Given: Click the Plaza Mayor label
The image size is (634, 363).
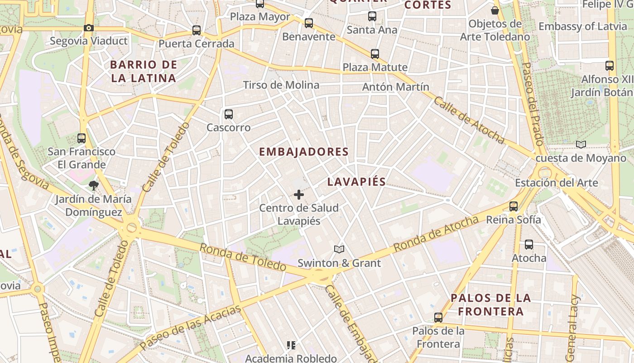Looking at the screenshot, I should pyautogui.click(x=260, y=17).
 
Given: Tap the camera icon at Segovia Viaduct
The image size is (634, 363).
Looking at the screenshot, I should pyautogui.click(x=89, y=28).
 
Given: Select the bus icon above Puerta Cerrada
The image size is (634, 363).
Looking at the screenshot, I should pyautogui.click(x=197, y=30).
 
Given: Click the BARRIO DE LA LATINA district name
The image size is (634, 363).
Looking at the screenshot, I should pyautogui.click(x=144, y=71).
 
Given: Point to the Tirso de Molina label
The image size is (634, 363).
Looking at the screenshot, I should pyautogui.click(x=281, y=85).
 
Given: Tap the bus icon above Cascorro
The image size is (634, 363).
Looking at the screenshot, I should pyautogui.click(x=229, y=114).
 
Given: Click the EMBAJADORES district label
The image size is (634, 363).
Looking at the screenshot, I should pyautogui.click(x=304, y=152).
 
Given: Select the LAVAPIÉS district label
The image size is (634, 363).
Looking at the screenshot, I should pyautogui.click(x=356, y=182).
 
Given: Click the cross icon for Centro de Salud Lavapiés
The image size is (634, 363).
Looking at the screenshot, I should pyautogui.click(x=299, y=195).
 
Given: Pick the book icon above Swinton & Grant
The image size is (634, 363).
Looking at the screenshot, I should pyautogui.click(x=339, y=249).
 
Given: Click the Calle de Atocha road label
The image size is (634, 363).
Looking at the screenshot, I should pyautogui.click(x=468, y=119).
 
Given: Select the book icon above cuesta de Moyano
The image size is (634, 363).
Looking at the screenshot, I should pyautogui.click(x=581, y=144).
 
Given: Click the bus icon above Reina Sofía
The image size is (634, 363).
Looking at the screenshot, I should pyautogui.click(x=514, y=206).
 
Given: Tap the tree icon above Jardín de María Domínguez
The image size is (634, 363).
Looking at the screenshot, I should pyautogui.click(x=94, y=185).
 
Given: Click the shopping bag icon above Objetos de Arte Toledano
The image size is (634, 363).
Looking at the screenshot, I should pyautogui.click(x=495, y=10).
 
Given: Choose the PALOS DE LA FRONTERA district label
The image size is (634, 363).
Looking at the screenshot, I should pyautogui.click(x=490, y=304).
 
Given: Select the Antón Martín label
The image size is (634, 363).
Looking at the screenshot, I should pyautogui.click(x=396, y=87).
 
